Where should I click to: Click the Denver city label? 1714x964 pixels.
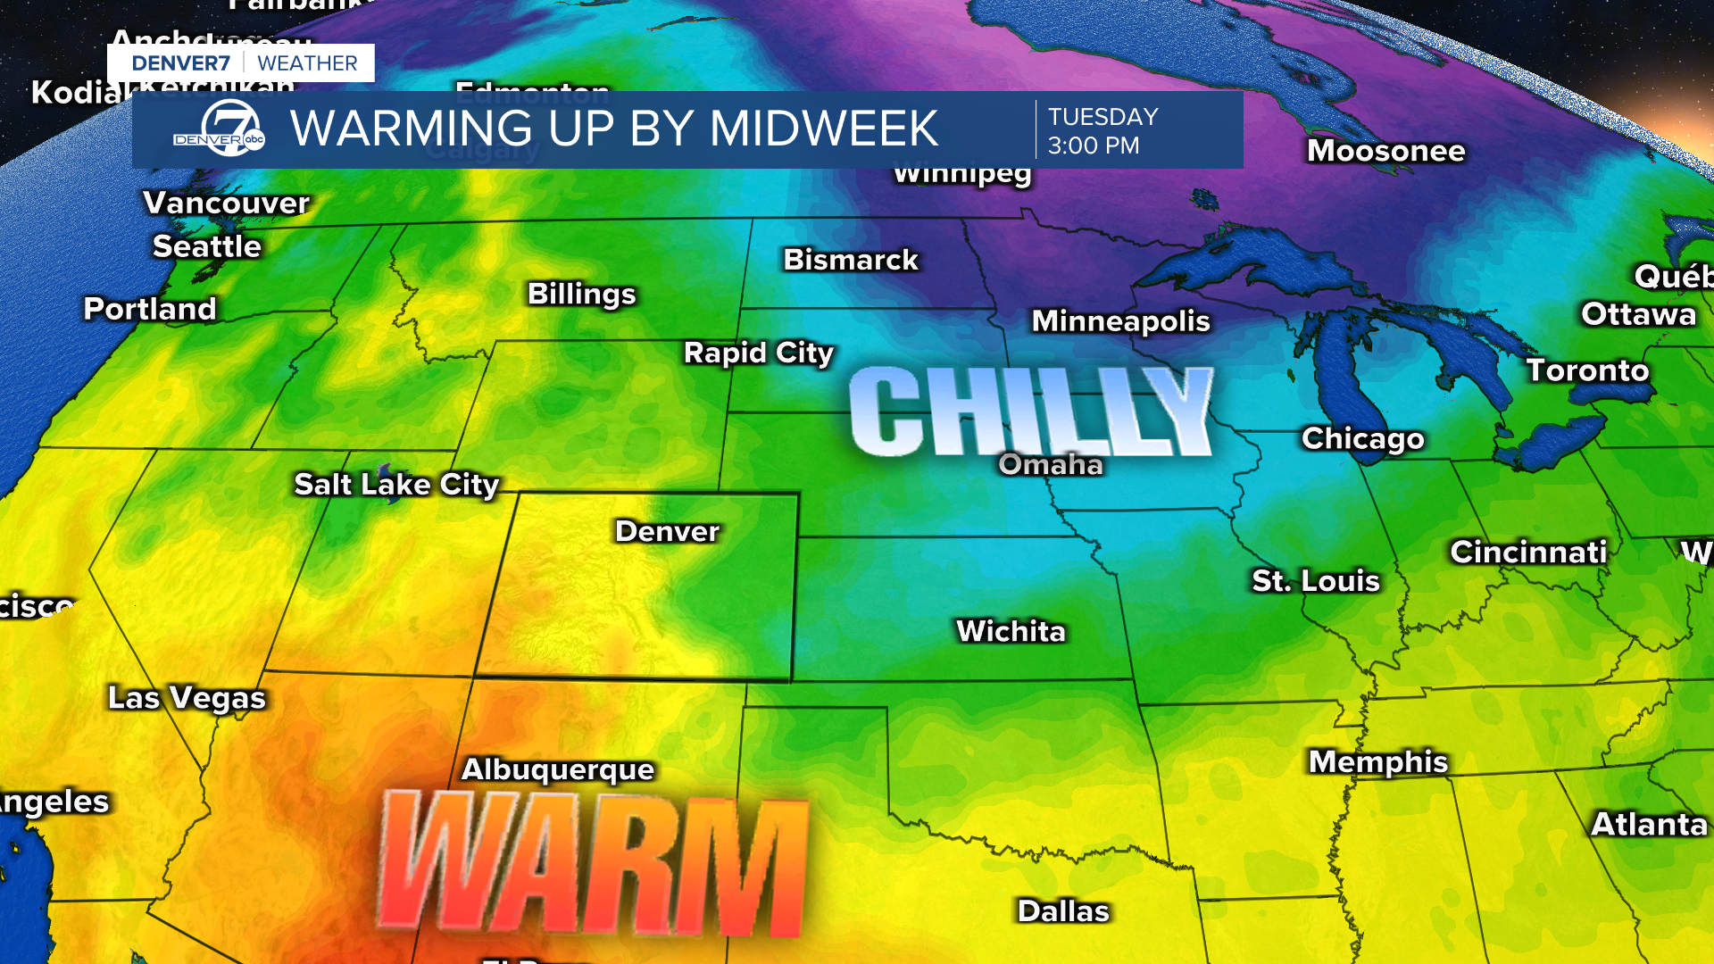667,531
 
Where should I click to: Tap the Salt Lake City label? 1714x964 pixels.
396,485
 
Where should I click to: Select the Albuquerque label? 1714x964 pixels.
558,769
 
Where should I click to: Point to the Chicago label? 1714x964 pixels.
1362,438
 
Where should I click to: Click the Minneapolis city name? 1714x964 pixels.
1120,321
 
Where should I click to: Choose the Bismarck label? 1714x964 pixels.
851,260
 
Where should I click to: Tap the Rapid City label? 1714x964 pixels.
759,353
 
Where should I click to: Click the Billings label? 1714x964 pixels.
582,294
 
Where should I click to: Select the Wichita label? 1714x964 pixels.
1011,632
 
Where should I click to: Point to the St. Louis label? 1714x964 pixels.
1316,581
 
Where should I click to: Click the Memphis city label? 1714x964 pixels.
1378,761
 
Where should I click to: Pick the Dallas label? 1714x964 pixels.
1063,911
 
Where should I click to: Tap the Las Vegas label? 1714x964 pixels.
187,698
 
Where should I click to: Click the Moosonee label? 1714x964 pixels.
1386,151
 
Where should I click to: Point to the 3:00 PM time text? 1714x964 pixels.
1094,145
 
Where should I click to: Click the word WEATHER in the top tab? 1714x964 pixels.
307,63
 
